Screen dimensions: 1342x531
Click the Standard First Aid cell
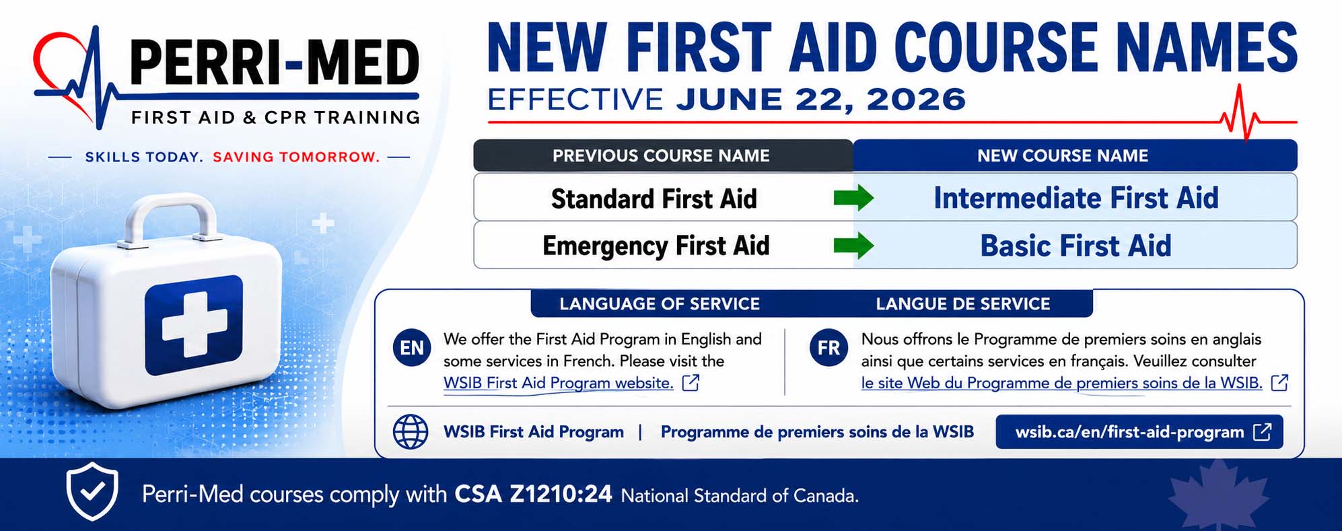(x=654, y=199)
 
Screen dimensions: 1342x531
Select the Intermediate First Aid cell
(x=1075, y=198)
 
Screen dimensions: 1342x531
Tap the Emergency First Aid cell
(x=656, y=246)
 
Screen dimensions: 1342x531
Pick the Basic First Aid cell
(x=1075, y=246)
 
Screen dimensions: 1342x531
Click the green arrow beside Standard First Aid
(x=853, y=199)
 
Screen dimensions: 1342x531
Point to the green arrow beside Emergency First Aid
(x=853, y=246)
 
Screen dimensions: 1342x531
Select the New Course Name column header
(x=1075, y=155)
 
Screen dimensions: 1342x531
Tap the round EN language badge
(x=412, y=347)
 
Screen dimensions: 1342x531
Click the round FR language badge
(x=828, y=347)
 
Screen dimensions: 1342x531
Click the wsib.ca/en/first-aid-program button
(x=1139, y=432)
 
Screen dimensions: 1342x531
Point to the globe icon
(x=411, y=431)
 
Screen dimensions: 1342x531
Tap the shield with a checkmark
(x=92, y=491)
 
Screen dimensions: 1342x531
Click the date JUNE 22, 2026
(x=821, y=100)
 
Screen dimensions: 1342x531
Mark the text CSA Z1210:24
(x=533, y=495)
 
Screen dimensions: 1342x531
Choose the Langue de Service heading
(x=962, y=304)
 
